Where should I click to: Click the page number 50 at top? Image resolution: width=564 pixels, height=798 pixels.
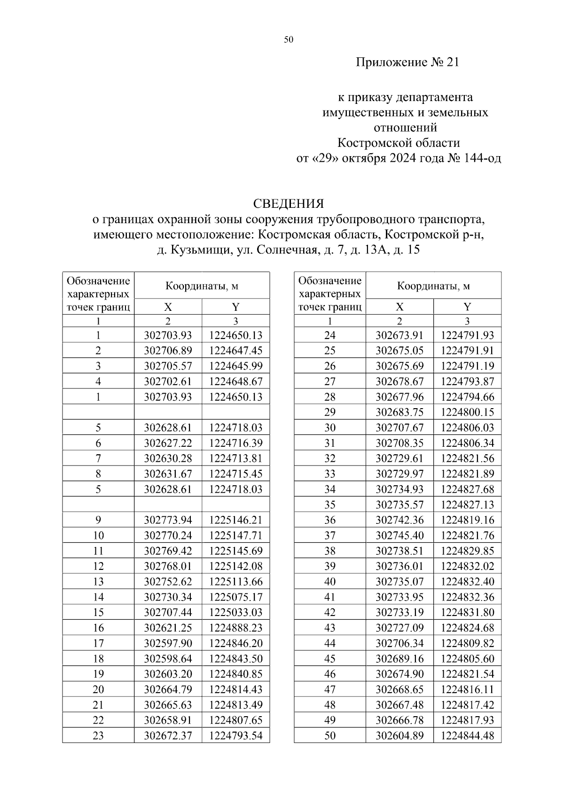click(289, 40)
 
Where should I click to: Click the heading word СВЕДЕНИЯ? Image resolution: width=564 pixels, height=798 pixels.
click(289, 204)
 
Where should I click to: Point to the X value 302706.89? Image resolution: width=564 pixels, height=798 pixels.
click(168, 350)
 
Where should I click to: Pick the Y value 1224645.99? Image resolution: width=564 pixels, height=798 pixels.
click(236, 366)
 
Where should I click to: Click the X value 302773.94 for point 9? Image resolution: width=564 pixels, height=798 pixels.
click(168, 520)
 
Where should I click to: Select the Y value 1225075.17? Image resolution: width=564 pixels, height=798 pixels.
click(236, 597)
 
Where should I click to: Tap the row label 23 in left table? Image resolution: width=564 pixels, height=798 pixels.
click(98, 735)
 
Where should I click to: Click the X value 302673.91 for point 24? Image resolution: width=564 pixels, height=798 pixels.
click(399, 335)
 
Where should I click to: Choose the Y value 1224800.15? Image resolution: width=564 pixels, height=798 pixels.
click(468, 412)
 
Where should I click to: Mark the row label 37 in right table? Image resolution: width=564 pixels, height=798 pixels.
click(330, 535)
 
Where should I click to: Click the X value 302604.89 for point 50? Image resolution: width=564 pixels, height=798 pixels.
click(399, 735)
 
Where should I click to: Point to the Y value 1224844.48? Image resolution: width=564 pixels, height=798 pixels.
click(468, 735)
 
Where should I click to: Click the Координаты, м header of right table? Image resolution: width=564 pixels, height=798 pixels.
click(433, 286)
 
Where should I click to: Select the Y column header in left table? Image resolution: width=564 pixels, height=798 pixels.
click(236, 307)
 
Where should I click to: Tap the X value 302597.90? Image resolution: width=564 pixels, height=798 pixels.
click(168, 643)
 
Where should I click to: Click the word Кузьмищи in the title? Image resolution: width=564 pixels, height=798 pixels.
click(202, 250)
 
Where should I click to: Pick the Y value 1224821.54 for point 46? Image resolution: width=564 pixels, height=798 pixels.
click(468, 674)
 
